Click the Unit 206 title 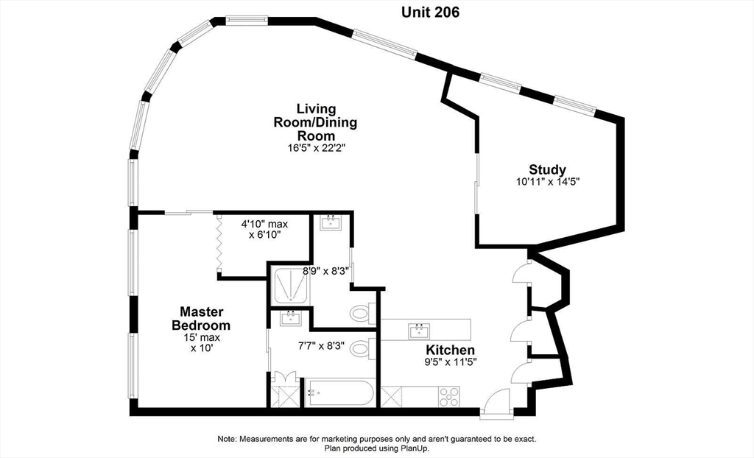click(430, 13)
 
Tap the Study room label click(547, 170)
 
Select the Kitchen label click(451, 350)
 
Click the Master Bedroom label click(201, 318)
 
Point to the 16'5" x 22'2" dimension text click(317, 148)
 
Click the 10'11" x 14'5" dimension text click(547, 182)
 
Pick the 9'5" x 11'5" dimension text click(451, 362)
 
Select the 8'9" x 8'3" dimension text click(326, 271)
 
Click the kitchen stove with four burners click(448, 397)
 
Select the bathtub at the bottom click(340, 392)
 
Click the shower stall click(290, 285)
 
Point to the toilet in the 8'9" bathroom click(363, 314)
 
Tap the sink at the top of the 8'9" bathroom click(331, 223)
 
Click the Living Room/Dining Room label click(315, 122)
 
